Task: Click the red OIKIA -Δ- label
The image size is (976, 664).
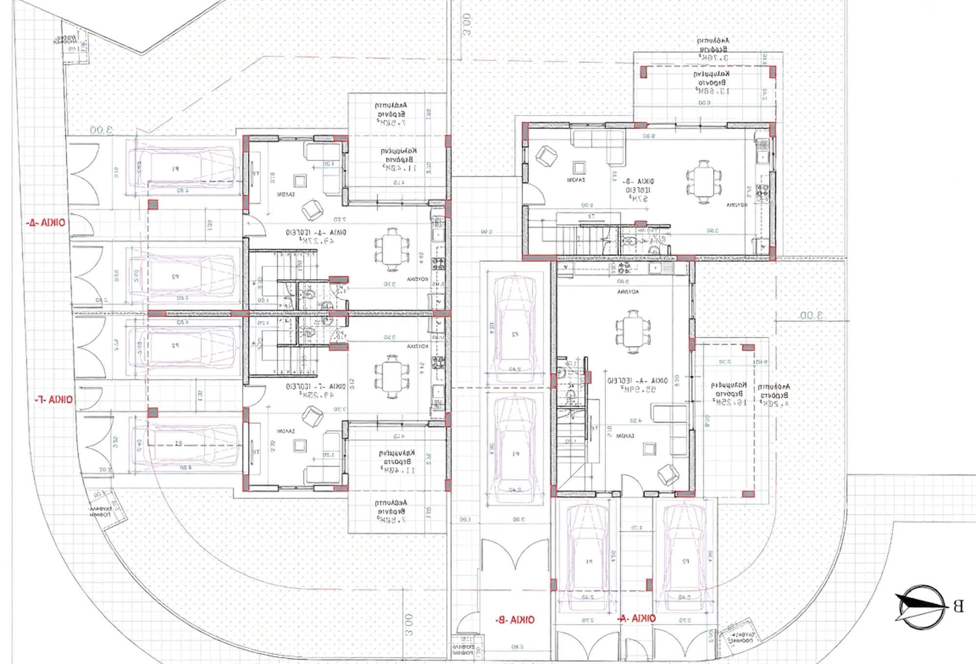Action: coord(47,223)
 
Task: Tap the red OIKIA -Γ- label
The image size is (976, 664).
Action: coord(54,400)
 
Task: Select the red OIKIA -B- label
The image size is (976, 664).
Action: coord(515,620)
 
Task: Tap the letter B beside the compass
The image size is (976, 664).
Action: coord(958,607)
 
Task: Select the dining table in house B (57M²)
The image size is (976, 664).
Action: coord(704,182)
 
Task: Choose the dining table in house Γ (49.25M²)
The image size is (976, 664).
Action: coord(391,376)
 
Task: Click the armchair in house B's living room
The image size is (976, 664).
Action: coord(546,156)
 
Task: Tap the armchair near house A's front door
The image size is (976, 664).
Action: coord(667,473)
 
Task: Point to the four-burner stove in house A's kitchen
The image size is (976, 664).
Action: coord(623,268)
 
